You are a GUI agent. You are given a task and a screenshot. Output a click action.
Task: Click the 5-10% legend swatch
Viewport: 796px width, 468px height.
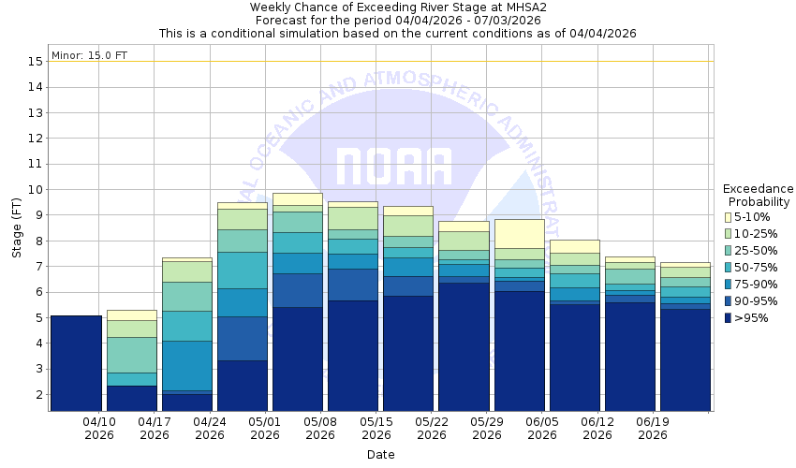point(730,217)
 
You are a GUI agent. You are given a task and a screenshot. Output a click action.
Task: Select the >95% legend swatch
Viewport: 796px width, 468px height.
point(730,318)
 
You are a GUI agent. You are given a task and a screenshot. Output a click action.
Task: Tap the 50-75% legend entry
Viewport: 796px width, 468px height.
point(730,268)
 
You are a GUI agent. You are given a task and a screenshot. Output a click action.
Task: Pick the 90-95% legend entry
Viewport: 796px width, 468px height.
point(730,301)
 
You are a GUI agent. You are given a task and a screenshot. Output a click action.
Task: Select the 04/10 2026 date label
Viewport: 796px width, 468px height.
point(98,428)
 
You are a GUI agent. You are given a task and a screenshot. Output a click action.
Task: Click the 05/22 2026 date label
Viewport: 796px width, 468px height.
point(432,428)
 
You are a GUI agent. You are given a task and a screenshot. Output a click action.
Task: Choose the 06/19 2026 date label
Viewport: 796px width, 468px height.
point(653,428)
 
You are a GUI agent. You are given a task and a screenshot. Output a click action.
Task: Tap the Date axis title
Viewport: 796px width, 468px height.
point(380,455)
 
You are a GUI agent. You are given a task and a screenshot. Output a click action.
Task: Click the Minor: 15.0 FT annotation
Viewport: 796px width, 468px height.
point(89,55)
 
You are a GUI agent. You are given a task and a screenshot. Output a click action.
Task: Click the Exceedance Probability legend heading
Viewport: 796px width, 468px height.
point(759,195)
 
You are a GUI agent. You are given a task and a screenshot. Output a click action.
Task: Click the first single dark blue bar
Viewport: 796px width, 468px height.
point(76,363)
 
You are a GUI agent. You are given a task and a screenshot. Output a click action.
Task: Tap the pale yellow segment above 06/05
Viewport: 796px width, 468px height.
point(519,233)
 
